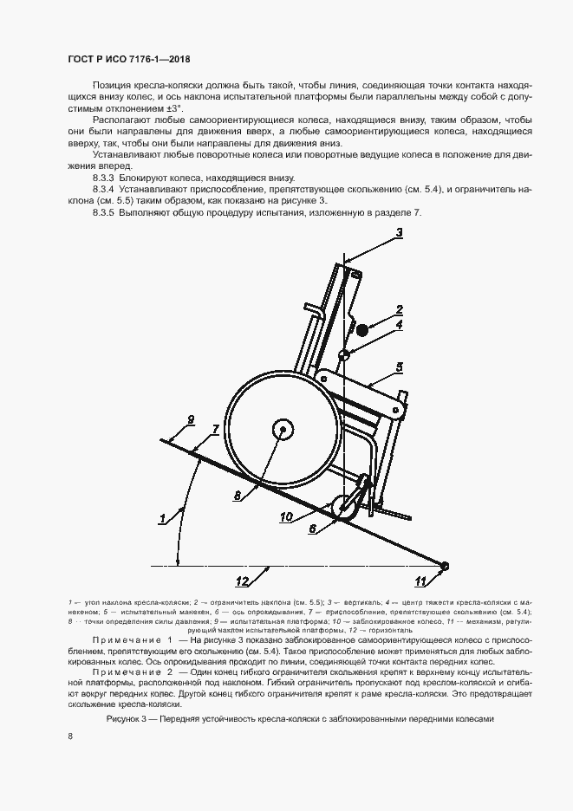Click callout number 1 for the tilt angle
(161, 519)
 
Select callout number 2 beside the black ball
(399, 309)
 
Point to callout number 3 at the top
(400, 231)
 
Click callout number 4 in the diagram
(399, 325)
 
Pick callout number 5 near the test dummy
(399, 367)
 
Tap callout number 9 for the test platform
(189, 421)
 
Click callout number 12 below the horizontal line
(244, 580)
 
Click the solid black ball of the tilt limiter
(361, 329)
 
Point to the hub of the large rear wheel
(282, 430)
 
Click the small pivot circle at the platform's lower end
(444, 567)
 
